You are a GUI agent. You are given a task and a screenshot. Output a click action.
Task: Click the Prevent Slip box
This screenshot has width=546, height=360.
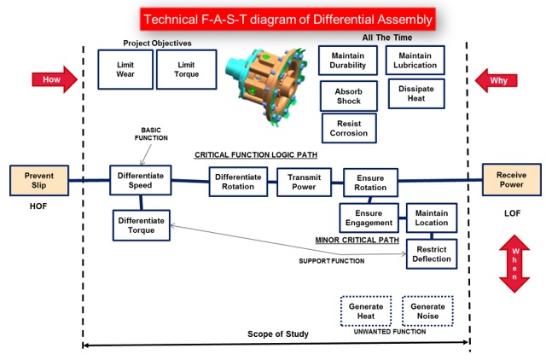(x=39, y=180)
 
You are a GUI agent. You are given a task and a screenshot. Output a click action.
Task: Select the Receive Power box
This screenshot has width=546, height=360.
(x=512, y=180)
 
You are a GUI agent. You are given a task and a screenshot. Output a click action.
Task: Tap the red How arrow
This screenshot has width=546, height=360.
(x=55, y=79)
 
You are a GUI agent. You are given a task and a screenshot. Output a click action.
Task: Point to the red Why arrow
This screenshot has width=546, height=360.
(x=496, y=80)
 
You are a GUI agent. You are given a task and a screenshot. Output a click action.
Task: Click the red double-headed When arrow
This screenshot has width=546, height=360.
(x=514, y=264)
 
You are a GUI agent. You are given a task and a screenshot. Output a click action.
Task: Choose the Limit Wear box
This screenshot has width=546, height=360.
(x=125, y=69)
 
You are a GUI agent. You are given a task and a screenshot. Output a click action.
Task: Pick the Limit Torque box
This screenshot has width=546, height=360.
(x=187, y=69)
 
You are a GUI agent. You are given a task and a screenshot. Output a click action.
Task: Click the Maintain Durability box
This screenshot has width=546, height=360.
(x=348, y=61)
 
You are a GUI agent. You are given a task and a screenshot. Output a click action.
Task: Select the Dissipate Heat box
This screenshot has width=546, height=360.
(x=416, y=93)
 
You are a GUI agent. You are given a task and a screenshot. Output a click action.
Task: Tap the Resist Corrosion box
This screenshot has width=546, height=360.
(x=349, y=128)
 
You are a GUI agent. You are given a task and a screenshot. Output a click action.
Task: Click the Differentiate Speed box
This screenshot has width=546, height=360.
(x=141, y=180)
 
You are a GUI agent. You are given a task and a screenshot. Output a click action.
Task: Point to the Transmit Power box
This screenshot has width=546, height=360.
(x=304, y=182)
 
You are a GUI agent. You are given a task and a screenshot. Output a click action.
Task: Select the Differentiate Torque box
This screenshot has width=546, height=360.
(x=142, y=225)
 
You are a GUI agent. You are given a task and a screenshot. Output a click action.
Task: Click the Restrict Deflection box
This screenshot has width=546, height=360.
(x=432, y=254)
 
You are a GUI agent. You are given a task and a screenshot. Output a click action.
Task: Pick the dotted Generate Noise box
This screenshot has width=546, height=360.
(x=427, y=311)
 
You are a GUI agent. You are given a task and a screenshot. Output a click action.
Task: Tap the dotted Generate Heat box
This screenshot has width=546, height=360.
(x=366, y=311)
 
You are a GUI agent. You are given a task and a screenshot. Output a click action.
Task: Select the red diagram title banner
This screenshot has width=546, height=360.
(x=288, y=19)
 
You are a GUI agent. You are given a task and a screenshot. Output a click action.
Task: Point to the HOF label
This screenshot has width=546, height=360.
(x=38, y=206)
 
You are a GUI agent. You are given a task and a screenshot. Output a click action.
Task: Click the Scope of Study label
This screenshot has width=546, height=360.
(x=278, y=334)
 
